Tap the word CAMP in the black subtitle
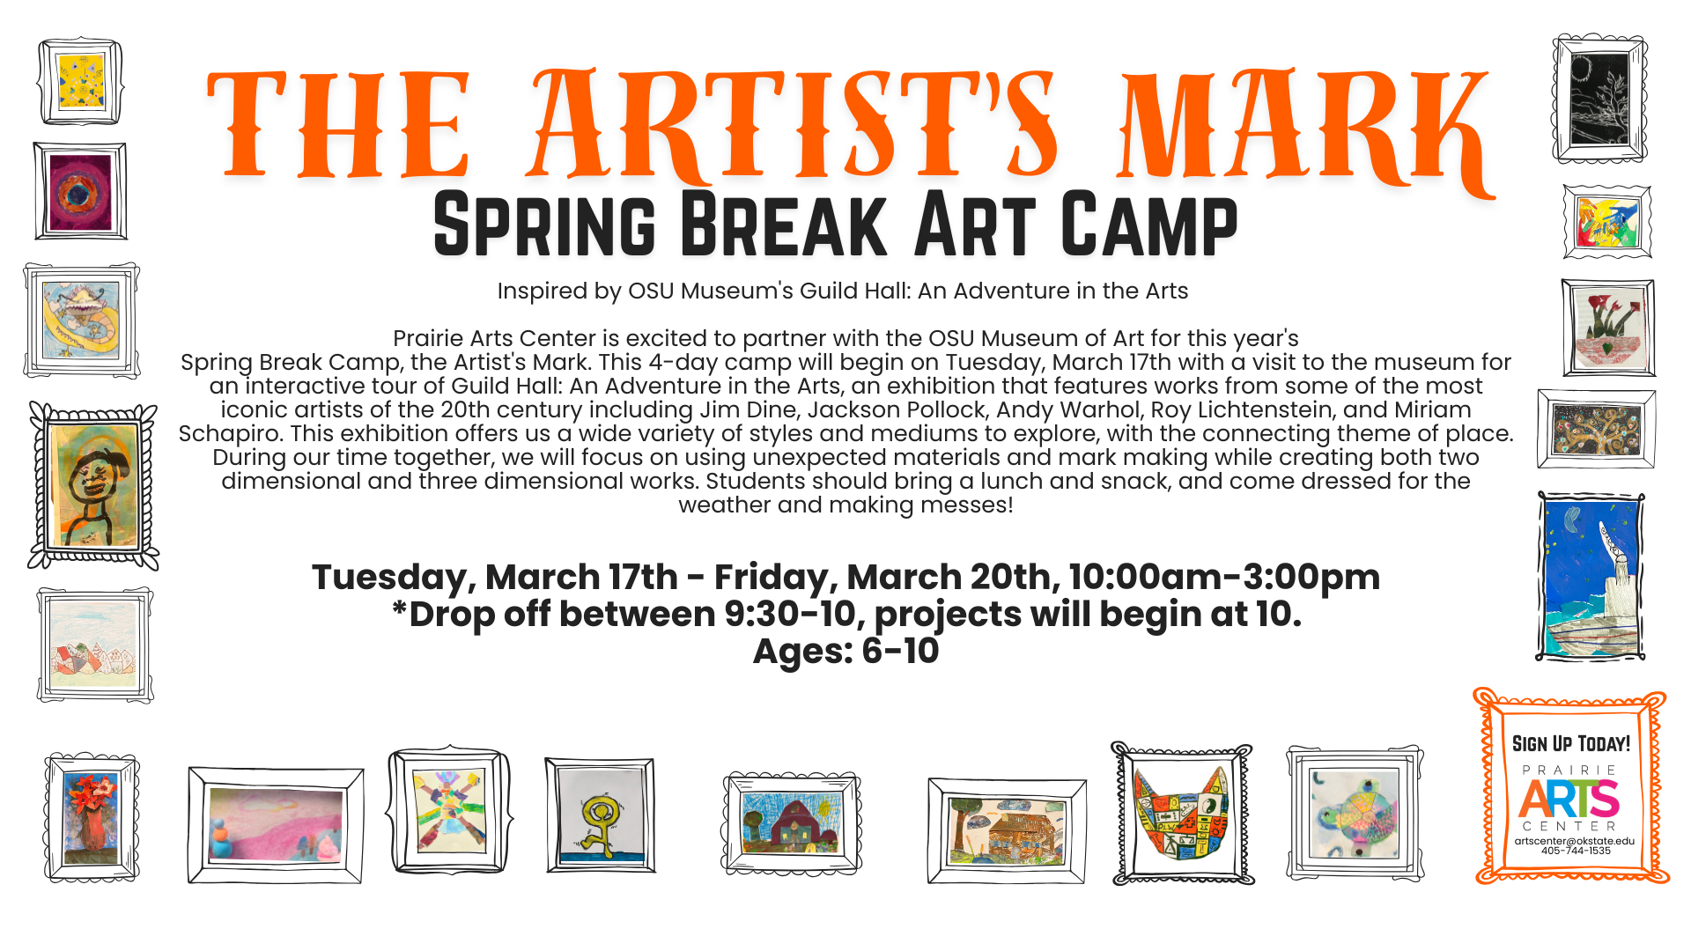[x=1149, y=225]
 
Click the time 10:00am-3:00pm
[x=1224, y=578]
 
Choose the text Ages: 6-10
[x=846, y=652]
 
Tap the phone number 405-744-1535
[x=1576, y=851]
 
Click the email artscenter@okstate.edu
[x=1575, y=841]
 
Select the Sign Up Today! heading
[x=1571, y=744]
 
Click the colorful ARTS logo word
[x=1569, y=799]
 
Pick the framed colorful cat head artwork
[x=1183, y=813]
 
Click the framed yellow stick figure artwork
[x=600, y=815]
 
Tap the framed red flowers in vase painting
[x=92, y=817]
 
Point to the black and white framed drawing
[x=1599, y=99]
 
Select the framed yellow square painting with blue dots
[x=80, y=81]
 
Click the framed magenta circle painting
[x=80, y=191]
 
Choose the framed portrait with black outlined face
[x=93, y=485]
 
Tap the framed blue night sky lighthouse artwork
[x=1591, y=577]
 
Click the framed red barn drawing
[x=791, y=823]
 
